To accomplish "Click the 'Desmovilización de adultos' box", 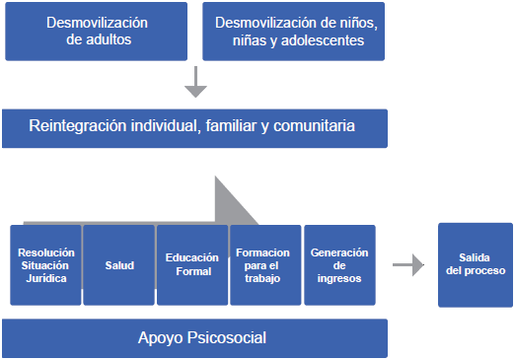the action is [96, 31].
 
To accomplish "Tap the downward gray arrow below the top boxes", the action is [195, 82].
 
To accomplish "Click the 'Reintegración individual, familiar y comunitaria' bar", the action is [193, 127].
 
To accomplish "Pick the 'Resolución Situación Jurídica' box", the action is [45, 264].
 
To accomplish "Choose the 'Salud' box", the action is [119, 264].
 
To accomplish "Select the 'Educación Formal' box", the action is [191, 264].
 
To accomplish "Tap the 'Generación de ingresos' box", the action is [339, 264].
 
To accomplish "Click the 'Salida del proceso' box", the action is [475, 264].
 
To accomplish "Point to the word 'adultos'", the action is [108, 41].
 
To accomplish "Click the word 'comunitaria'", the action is [313, 127].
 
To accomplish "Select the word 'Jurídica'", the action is [45, 277].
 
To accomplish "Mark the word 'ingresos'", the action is [339, 277].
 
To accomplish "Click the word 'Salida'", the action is [474, 257].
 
